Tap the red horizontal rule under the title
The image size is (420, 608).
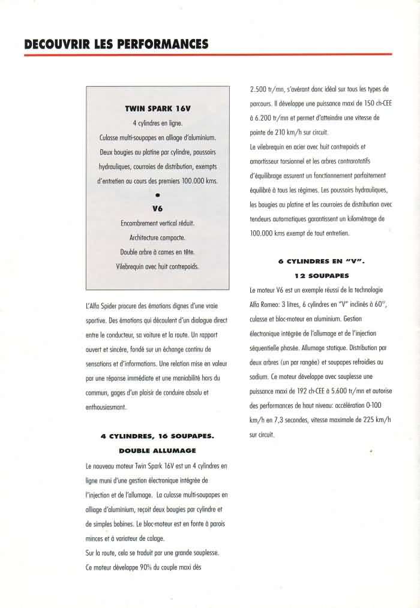pyautogui.click(x=208, y=55)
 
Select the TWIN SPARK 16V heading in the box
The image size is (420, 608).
pyautogui.click(x=158, y=109)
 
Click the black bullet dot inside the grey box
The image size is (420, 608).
pyautogui.click(x=158, y=195)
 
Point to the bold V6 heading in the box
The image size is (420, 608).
pyautogui.click(x=158, y=209)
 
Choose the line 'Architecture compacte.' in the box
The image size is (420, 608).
pyautogui.click(x=158, y=237)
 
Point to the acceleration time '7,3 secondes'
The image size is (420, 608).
pyautogui.click(x=288, y=420)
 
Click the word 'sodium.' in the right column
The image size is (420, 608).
pyautogui.click(x=260, y=377)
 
